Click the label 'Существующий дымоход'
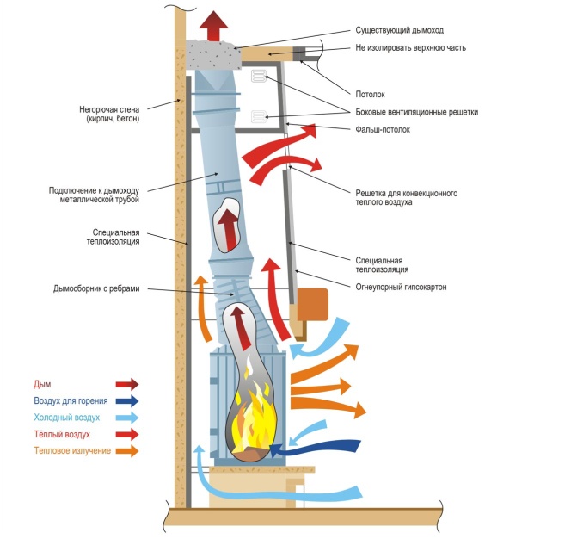(400, 30)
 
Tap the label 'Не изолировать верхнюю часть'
(410, 47)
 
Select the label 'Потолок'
(370, 95)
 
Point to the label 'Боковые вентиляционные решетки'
(416, 112)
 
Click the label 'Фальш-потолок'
(383, 129)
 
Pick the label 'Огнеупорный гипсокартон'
(401, 287)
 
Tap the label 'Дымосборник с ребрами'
(96, 288)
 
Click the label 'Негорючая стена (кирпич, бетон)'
(109, 115)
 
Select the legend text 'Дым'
(42, 384)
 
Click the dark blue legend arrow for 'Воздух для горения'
(127, 400)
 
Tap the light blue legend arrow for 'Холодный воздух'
(127, 418)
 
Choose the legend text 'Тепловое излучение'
(72, 451)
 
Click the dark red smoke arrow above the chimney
(213, 26)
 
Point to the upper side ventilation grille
(259, 77)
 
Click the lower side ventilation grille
(259, 117)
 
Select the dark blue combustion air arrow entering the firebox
(315, 449)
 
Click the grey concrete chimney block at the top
(214, 55)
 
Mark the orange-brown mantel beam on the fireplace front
(313, 304)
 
